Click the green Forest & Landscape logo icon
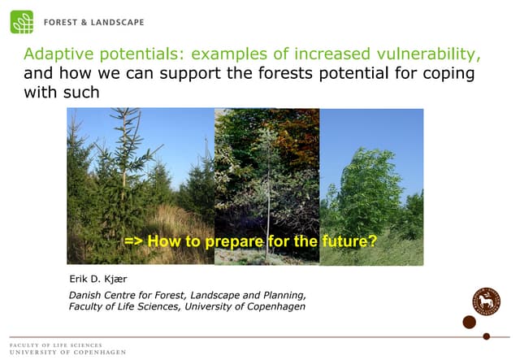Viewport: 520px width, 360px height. click(22, 22)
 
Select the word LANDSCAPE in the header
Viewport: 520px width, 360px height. click(122, 23)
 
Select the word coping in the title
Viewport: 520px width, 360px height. click(452, 73)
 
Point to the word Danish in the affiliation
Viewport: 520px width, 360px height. click(88, 294)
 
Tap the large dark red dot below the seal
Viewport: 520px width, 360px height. click(469, 323)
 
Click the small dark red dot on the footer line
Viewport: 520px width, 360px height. click(487, 336)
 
